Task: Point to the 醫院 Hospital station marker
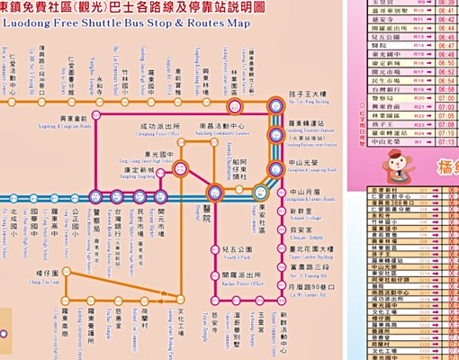pyautogui.click(x=214, y=193)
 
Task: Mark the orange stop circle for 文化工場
pyautogui.click(x=184, y=300)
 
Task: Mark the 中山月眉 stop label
pyautogui.click(x=301, y=193)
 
